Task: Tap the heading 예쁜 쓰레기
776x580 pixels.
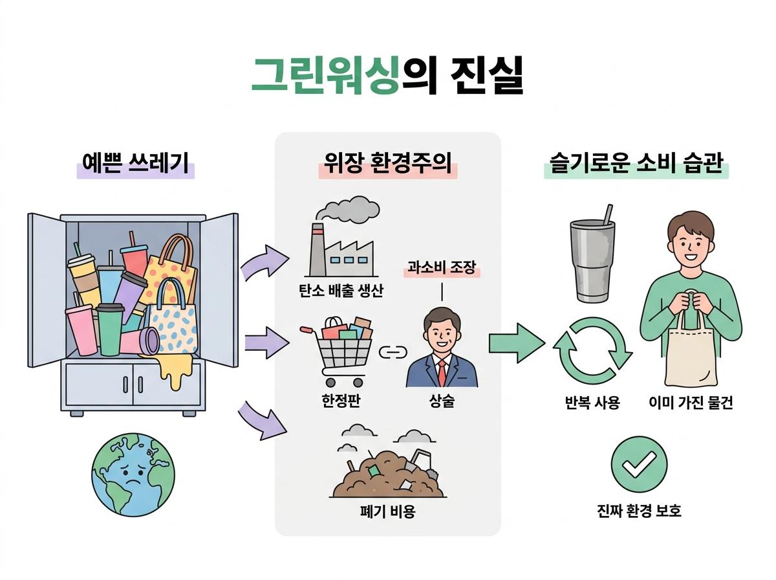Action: tap(135, 163)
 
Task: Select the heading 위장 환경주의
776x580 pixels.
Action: tap(387, 163)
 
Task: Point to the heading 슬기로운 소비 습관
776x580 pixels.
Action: tap(636, 163)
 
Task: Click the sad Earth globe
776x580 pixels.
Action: tap(133, 474)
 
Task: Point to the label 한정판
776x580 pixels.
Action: tap(341, 401)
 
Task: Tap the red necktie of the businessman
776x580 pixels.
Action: tap(442, 373)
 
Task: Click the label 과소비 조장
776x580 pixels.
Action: tap(442, 267)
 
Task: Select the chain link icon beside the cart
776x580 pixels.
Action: tap(393, 352)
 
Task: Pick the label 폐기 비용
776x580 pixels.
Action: tap(387, 511)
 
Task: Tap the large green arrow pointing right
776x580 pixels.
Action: tap(517, 342)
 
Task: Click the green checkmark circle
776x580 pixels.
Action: tap(639, 465)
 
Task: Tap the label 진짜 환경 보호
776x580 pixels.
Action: tap(639, 511)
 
